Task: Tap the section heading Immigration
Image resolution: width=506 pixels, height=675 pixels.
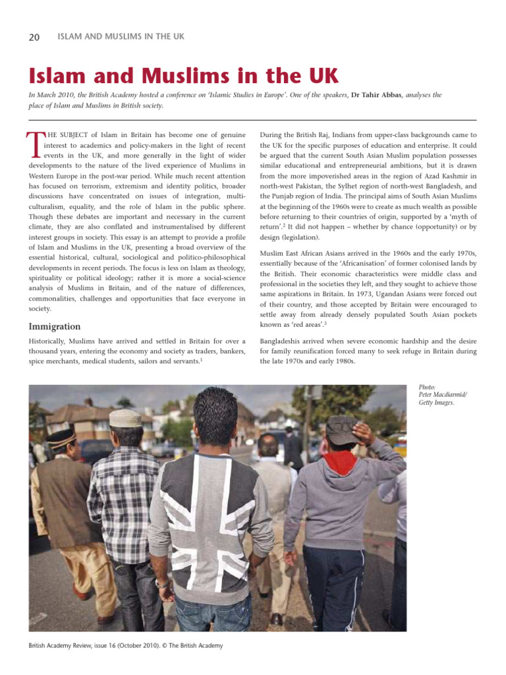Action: tap(54, 326)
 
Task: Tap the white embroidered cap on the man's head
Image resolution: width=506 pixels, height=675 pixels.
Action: tap(125, 418)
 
